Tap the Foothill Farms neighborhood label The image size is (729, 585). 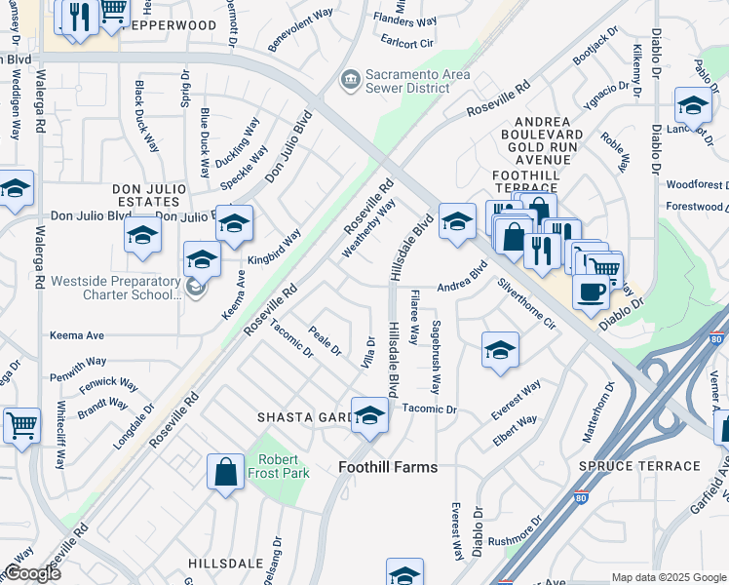(x=388, y=467)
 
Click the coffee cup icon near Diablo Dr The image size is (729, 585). (x=591, y=291)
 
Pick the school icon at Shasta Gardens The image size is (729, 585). (x=369, y=416)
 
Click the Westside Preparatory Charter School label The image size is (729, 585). (x=115, y=289)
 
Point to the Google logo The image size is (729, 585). (x=32, y=573)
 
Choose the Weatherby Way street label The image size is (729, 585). (x=368, y=229)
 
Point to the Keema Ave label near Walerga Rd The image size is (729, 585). (x=77, y=335)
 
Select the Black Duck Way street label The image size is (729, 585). (x=146, y=116)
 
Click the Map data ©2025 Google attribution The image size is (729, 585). (x=668, y=577)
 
